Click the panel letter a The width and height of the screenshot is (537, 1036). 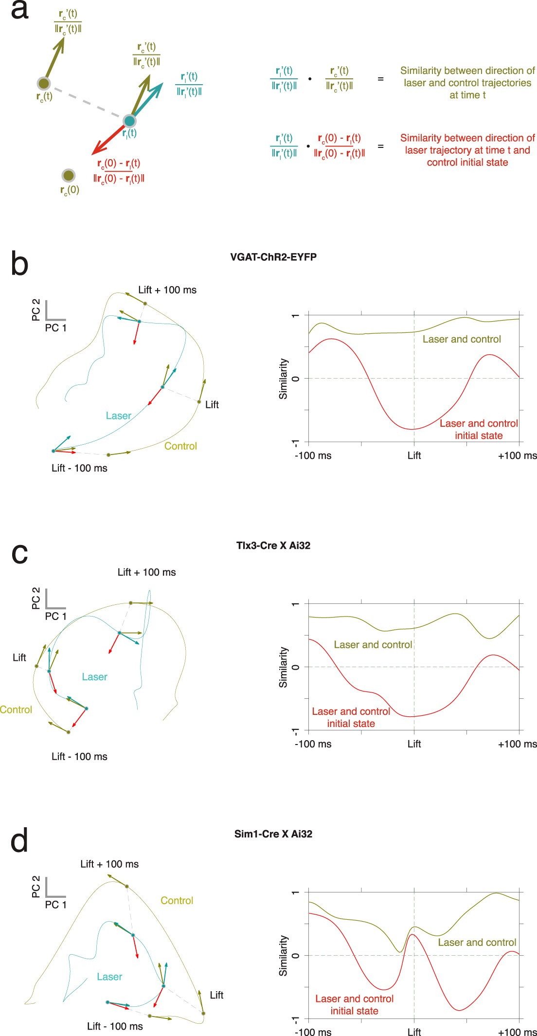pos(19,10)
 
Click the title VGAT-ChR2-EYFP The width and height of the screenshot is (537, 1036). pos(273,257)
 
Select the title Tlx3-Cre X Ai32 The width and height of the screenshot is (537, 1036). pos(273,545)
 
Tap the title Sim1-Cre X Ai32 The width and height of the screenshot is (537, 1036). pos(273,834)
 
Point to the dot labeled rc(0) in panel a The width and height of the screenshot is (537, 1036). pos(69,175)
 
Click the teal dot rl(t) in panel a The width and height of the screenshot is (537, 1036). pos(129,121)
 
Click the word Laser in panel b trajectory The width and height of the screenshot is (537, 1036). pos(118,416)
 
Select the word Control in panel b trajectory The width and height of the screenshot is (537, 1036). pos(180,446)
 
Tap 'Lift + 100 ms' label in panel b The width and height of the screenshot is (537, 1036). pos(167,290)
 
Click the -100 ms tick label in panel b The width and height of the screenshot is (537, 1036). pos(313,456)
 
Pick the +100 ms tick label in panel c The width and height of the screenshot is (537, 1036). pos(517,744)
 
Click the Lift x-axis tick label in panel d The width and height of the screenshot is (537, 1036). pos(414,1032)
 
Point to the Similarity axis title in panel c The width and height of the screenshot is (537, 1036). pos(283,667)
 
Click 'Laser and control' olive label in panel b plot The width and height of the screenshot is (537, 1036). pos(462,339)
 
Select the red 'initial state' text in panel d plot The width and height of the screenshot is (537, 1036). pos(354,1011)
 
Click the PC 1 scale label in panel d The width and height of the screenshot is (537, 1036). pos(55,905)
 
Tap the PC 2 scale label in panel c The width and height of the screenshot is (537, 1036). pos(36,598)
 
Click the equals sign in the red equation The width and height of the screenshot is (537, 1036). pos(381,146)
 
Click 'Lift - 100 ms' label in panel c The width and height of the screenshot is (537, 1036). pos(79,757)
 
